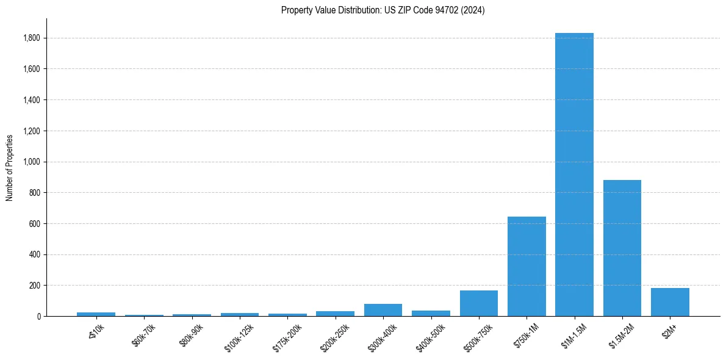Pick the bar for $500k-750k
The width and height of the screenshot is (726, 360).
click(x=478, y=303)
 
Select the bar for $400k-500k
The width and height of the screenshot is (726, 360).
click(x=431, y=313)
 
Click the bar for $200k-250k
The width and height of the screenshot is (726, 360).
click(x=335, y=314)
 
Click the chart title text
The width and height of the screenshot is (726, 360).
click(x=383, y=10)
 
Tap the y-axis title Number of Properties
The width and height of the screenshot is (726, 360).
click(x=10, y=168)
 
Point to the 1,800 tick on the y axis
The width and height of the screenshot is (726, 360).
click(x=32, y=38)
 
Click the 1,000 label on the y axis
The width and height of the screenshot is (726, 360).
click(x=32, y=162)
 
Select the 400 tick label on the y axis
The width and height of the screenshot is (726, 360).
click(x=35, y=254)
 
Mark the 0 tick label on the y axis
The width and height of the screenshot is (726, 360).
click(x=38, y=316)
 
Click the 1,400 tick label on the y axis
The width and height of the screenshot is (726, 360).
click(x=32, y=100)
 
